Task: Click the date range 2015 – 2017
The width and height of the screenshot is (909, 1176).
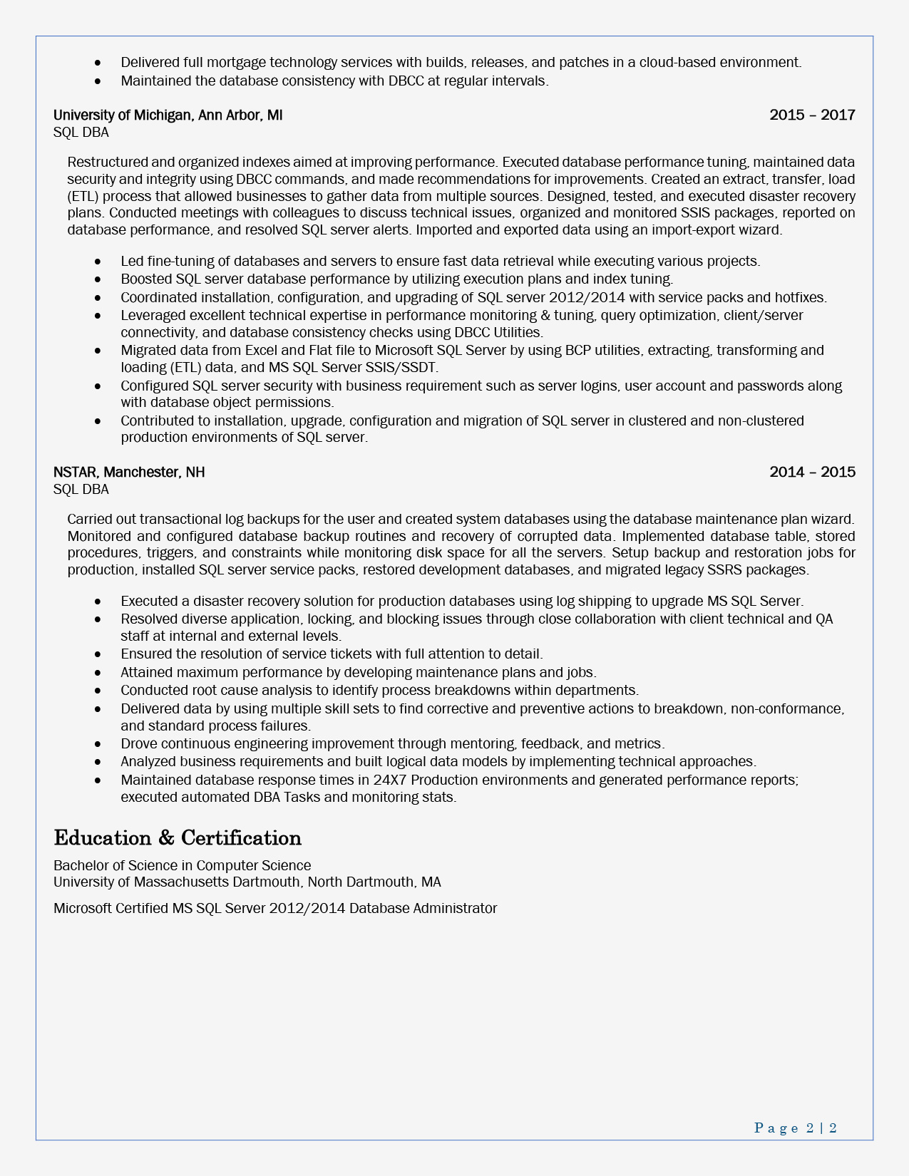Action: (x=812, y=115)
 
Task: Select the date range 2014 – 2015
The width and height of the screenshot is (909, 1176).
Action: (x=812, y=473)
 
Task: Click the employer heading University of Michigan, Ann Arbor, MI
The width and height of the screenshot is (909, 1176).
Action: (x=168, y=115)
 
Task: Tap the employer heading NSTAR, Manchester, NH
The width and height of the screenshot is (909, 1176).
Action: (x=129, y=473)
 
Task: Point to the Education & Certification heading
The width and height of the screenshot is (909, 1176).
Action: (x=178, y=837)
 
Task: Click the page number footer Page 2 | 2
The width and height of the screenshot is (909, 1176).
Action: (x=795, y=1128)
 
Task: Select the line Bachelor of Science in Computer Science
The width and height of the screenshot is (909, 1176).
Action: (x=182, y=865)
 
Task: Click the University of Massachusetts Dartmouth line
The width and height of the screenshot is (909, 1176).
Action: (x=247, y=882)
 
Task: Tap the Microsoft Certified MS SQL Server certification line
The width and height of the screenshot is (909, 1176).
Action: (x=274, y=909)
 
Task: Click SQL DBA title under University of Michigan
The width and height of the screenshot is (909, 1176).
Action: (x=81, y=133)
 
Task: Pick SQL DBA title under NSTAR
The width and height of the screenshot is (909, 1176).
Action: (x=81, y=490)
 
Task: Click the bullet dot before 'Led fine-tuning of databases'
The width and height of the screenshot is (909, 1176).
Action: (x=98, y=262)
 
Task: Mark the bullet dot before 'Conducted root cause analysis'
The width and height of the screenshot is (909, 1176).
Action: (x=98, y=691)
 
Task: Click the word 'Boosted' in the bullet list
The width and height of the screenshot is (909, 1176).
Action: (x=146, y=279)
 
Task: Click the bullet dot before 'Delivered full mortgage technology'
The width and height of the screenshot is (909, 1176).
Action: (x=98, y=63)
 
